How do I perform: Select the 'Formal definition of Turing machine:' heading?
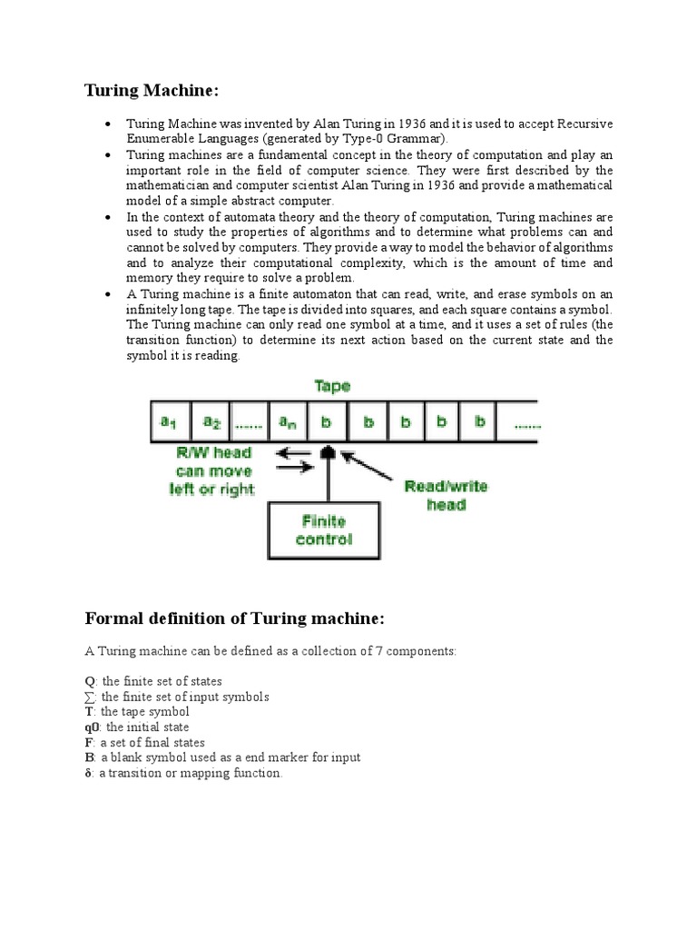pyautogui.click(x=235, y=618)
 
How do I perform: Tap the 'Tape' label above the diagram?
pyautogui.click(x=332, y=386)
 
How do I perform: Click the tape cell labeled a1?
pyautogui.click(x=170, y=422)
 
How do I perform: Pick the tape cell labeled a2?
pyautogui.click(x=211, y=422)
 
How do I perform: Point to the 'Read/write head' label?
pyautogui.click(x=446, y=495)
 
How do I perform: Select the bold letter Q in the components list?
pyautogui.click(x=89, y=681)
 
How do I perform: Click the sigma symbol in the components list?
pyautogui.click(x=89, y=697)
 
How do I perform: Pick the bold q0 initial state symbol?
pyautogui.click(x=92, y=727)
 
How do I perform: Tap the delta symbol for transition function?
pyautogui.click(x=88, y=774)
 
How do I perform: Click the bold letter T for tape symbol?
pyautogui.click(x=89, y=712)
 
